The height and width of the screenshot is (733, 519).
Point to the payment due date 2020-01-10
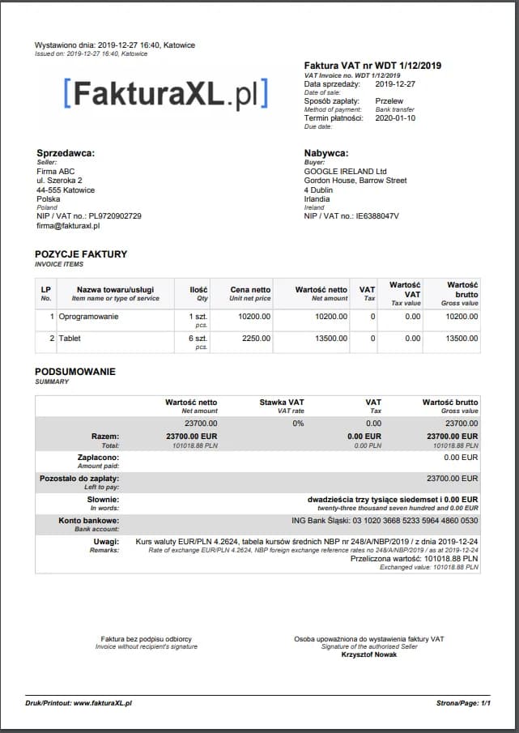395,118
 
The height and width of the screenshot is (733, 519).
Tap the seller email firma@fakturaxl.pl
68,226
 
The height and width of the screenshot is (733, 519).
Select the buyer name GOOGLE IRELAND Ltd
346,171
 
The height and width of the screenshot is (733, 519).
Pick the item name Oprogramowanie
89,316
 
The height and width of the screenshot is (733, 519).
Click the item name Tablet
70,339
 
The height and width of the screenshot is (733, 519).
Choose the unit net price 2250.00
256,339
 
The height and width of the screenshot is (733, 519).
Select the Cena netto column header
250,289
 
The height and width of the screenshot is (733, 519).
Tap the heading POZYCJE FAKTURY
81,254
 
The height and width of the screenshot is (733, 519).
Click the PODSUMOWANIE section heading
75,372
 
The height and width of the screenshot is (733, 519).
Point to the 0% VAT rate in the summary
298,423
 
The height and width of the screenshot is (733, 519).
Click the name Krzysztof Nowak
368,654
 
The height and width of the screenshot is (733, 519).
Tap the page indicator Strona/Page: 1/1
463,703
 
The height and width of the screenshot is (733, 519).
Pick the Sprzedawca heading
66,153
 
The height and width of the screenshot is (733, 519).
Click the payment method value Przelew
390,101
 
